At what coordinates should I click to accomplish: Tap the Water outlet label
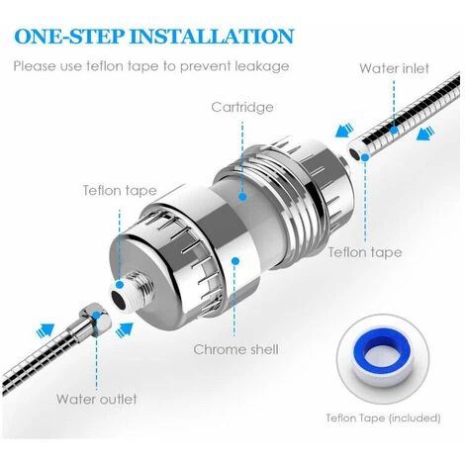click(x=96, y=399)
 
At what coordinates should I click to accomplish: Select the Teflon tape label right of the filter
click(x=366, y=252)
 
